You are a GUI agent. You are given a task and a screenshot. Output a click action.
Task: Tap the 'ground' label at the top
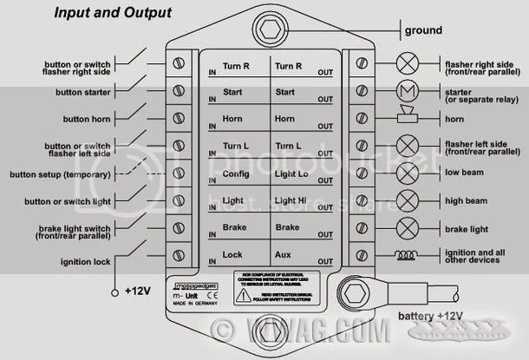(422, 31)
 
